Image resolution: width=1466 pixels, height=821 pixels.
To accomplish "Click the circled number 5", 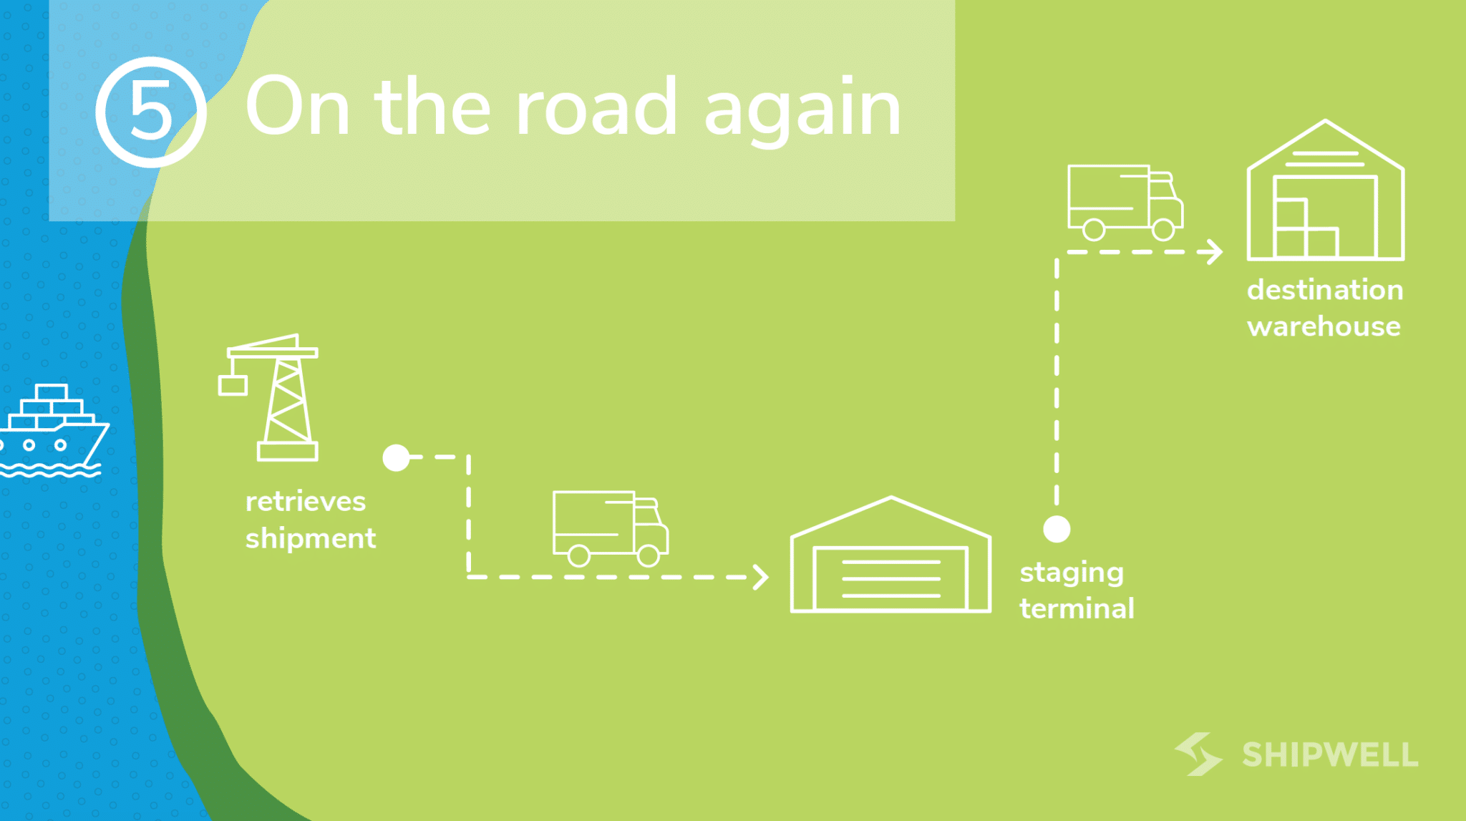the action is (151, 112).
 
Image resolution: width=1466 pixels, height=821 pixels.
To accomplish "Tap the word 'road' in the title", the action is (596, 107).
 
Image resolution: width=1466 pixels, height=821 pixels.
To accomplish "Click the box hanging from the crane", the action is (233, 385).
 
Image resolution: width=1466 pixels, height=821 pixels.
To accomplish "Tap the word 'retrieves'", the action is (306, 501).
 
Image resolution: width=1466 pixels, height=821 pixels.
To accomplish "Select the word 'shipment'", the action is (311, 538).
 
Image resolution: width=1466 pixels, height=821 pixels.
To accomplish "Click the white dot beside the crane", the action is (396, 457).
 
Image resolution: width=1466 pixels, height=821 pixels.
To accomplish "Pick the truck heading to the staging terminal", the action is (610, 528).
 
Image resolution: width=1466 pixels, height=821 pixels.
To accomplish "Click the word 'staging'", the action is (1072, 573).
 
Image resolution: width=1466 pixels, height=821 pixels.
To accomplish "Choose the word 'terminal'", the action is (1077, 609).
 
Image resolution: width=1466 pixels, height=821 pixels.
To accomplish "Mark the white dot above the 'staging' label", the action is (1057, 529).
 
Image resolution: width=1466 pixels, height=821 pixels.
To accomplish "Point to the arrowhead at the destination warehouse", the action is (1214, 252).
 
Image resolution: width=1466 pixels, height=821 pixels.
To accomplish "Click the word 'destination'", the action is (1325, 290).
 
